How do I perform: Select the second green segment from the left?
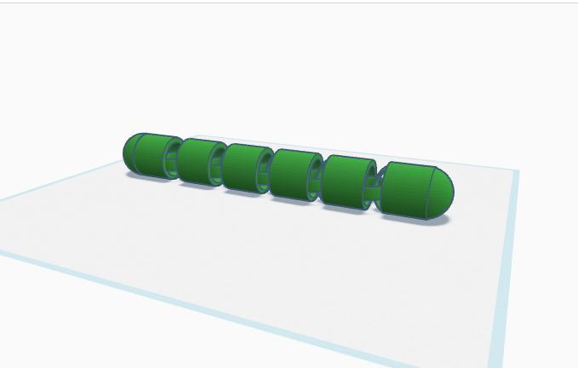(199, 160)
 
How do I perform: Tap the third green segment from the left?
(247, 167)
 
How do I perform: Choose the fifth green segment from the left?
(348, 182)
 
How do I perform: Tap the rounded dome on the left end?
(129, 152)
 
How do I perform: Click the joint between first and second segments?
(174, 158)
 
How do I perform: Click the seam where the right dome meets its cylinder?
(426, 193)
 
